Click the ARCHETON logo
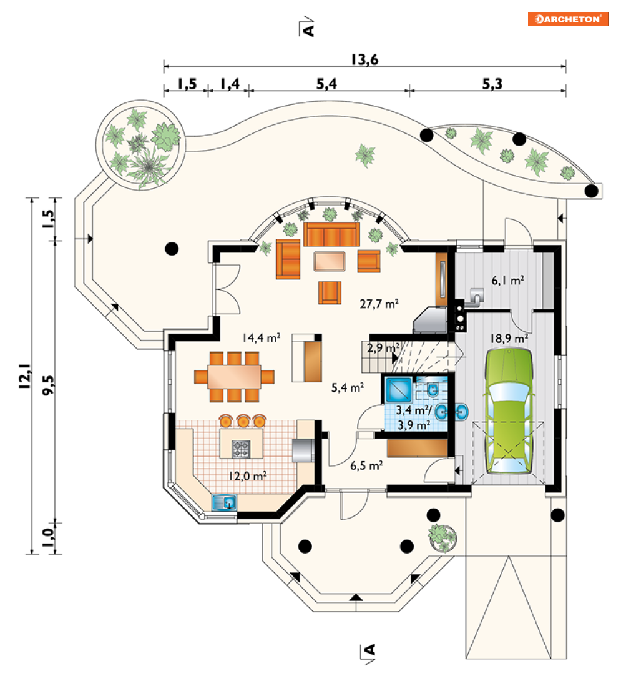click(x=567, y=19)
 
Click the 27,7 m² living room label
click(x=379, y=304)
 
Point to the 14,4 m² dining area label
click(x=262, y=338)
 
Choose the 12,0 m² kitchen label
click(x=247, y=475)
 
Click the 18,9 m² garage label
click(x=509, y=338)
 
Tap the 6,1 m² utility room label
click(x=507, y=280)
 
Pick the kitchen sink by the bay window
click(x=224, y=501)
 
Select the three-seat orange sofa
click(x=331, y=236)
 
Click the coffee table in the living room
click(x=331, y=261)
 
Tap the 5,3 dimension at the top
click(x=492, y=85)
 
